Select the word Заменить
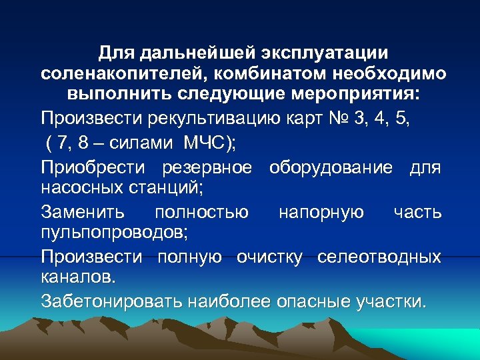(82, 212)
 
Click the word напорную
(321, 212)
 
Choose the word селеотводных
(379, 257)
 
